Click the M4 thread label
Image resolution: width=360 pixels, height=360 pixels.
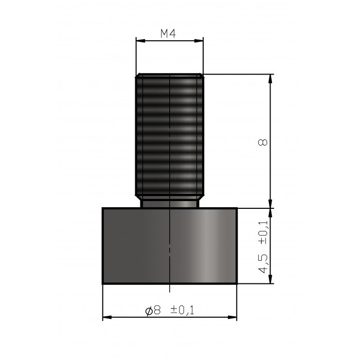169,34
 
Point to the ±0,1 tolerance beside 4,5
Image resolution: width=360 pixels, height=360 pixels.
263,232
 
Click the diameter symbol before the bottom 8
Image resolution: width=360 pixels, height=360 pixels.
149,310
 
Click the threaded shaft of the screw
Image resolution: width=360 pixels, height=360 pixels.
169,134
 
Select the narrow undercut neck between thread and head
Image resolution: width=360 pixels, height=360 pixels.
169,204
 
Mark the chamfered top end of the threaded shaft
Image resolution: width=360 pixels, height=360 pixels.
169,76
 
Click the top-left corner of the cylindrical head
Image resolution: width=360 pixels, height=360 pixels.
103,208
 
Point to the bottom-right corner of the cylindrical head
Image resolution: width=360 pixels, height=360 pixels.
236,283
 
